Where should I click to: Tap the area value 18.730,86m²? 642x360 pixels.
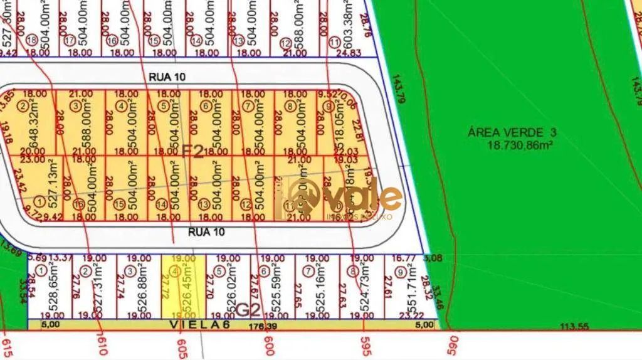(x=520, y=145)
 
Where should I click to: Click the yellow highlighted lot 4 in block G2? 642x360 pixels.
(x=184, y=287)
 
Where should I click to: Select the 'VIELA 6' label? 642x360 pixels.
(x=200, y=325)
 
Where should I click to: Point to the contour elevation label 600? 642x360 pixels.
(x=269, y=344)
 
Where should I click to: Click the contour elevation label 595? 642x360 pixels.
(x=366, y=344)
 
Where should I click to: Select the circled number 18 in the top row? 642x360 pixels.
(x=33, y=41)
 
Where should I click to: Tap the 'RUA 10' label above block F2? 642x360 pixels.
(x=167, y=76)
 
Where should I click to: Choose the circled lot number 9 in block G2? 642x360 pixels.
(x=400, y=271)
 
